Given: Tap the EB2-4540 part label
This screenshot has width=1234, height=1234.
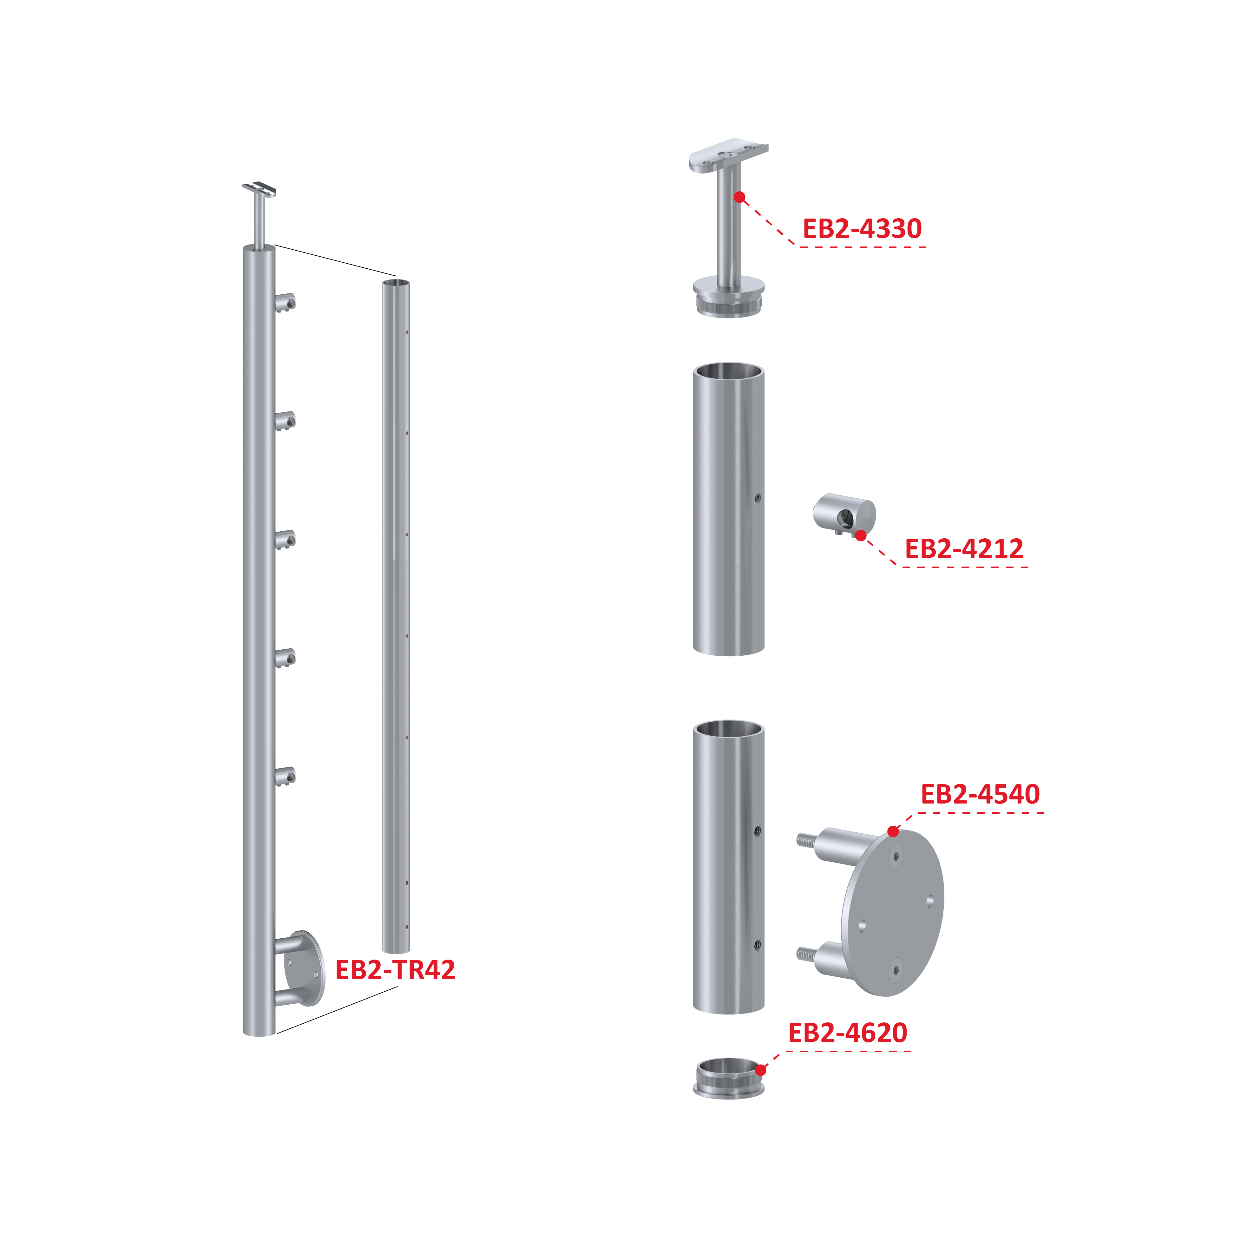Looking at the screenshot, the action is coord(981,794).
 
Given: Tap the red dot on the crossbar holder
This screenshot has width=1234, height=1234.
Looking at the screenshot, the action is coord(861,535).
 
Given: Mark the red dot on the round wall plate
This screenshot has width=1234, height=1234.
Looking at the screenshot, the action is coord(893,831).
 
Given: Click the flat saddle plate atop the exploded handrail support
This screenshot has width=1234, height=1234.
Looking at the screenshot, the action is coord(729,156).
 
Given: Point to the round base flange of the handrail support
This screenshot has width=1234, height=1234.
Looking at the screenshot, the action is coord(729,295).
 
